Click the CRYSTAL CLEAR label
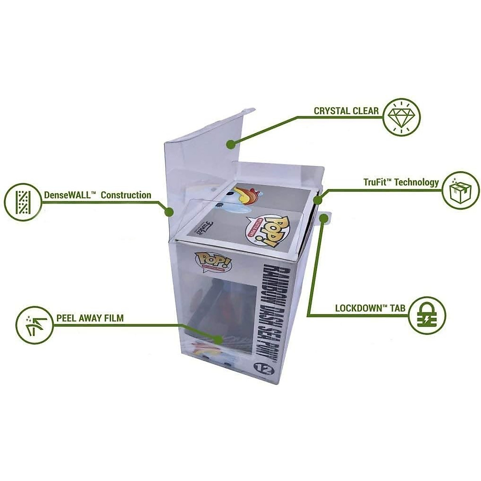pos(346,111)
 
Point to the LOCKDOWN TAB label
pos(370,308)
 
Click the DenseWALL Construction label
pos(98,195)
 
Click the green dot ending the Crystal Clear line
pos(230,144)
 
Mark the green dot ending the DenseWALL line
pos(170,211)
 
